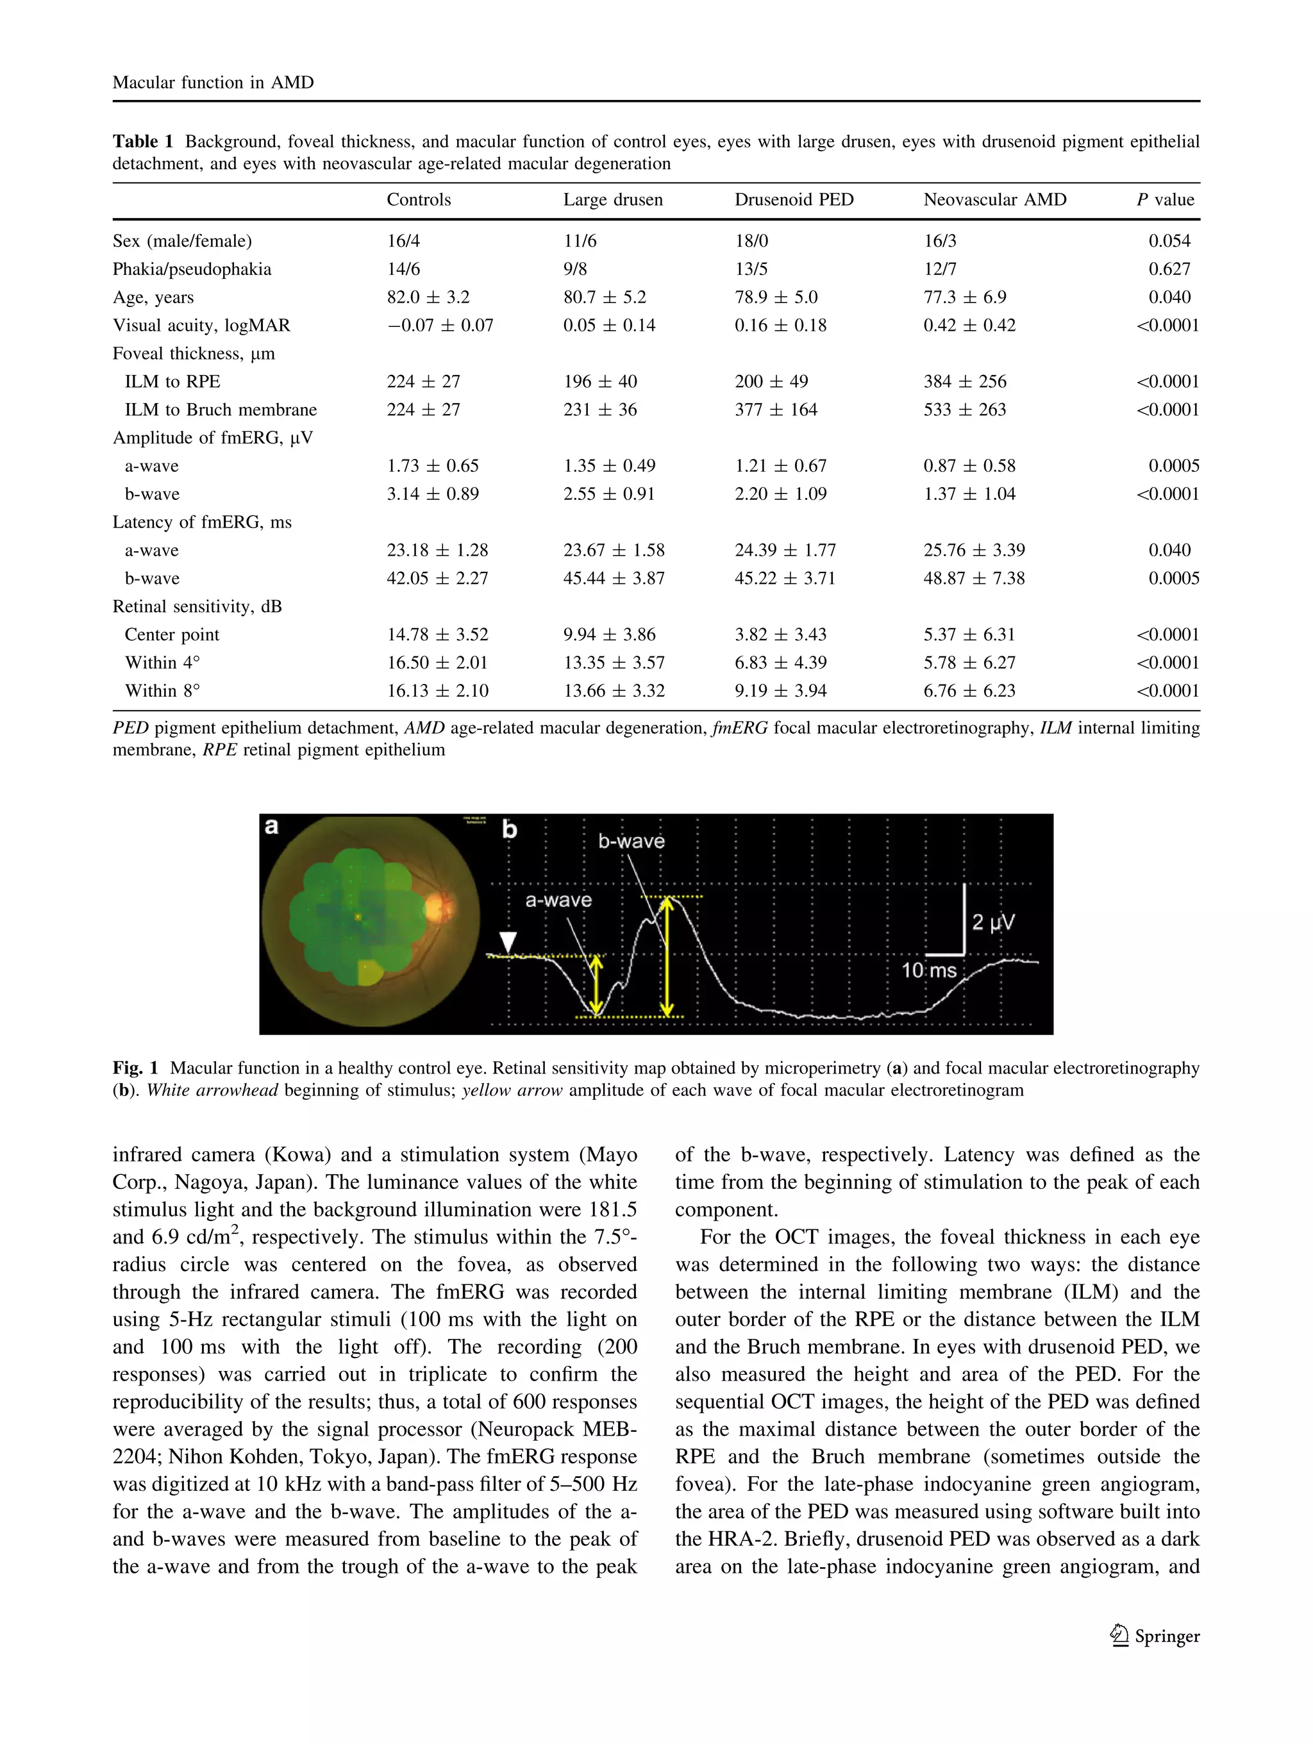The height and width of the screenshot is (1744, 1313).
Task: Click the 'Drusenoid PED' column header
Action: coord(793,199)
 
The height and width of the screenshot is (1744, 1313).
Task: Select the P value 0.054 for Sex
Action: coord(1169,241)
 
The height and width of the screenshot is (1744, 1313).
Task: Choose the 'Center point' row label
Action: coord(171,635)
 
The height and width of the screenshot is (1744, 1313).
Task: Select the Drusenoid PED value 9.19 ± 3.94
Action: coord(780,691)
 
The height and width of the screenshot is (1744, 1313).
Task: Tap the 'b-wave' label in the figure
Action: coord(631,842)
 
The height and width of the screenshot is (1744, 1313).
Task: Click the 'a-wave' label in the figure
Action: coord(558,901)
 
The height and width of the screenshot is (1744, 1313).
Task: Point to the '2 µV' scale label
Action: coord(993,922)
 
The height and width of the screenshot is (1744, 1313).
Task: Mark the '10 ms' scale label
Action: coord(928,970)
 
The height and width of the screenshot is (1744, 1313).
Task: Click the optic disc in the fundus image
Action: coord(438,909)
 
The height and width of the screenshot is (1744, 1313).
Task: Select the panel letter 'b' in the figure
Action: coord(510,829)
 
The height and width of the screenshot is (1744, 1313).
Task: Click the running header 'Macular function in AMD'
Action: coord(213,83)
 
